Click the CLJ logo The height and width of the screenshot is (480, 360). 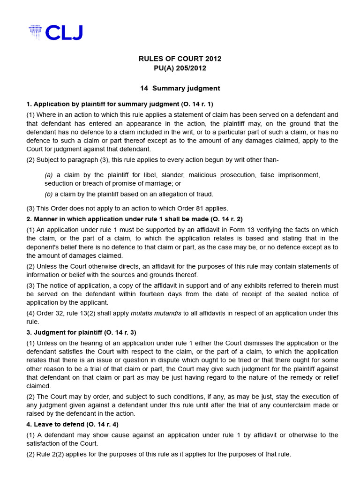click(55, 32)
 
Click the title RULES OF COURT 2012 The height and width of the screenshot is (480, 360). click(180, 59)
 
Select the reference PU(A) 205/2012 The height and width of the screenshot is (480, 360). click(180, 68)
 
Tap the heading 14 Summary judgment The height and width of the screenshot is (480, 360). click(180, 88)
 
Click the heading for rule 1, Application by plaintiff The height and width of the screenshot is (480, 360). click(120, 104)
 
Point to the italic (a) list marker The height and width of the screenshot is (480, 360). click(49, 175)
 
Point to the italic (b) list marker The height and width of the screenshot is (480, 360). click(49, 194)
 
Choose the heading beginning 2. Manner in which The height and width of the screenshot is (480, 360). click(135, 219)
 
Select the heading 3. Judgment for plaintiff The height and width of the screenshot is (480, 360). click(81, 332)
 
